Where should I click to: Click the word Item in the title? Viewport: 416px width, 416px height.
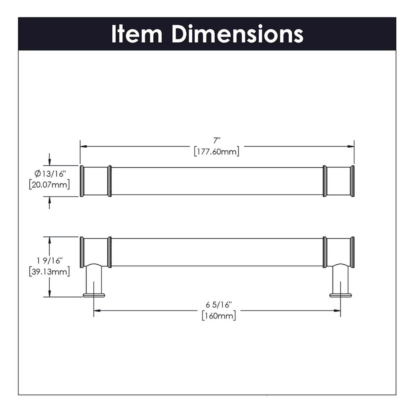136,34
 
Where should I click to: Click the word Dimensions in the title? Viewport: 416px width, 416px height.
237,34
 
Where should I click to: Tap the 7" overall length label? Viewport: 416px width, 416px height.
217,141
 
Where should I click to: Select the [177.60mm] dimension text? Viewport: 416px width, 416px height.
217,152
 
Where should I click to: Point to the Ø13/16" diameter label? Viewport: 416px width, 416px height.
50,174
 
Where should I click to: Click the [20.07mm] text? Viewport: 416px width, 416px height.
49,185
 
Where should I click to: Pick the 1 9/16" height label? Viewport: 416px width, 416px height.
49,261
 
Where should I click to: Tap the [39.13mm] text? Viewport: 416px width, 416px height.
49,272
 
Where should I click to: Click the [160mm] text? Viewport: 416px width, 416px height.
219,316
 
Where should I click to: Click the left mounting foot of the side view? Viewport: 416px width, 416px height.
94,295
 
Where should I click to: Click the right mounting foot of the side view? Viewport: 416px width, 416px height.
340,295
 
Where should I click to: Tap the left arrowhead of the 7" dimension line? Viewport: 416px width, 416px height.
83,146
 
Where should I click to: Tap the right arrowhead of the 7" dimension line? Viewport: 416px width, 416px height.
351,146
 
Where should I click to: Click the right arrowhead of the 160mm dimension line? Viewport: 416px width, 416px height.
337,311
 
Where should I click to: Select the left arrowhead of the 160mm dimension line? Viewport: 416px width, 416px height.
97,311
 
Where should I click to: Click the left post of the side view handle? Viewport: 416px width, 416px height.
94,280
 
